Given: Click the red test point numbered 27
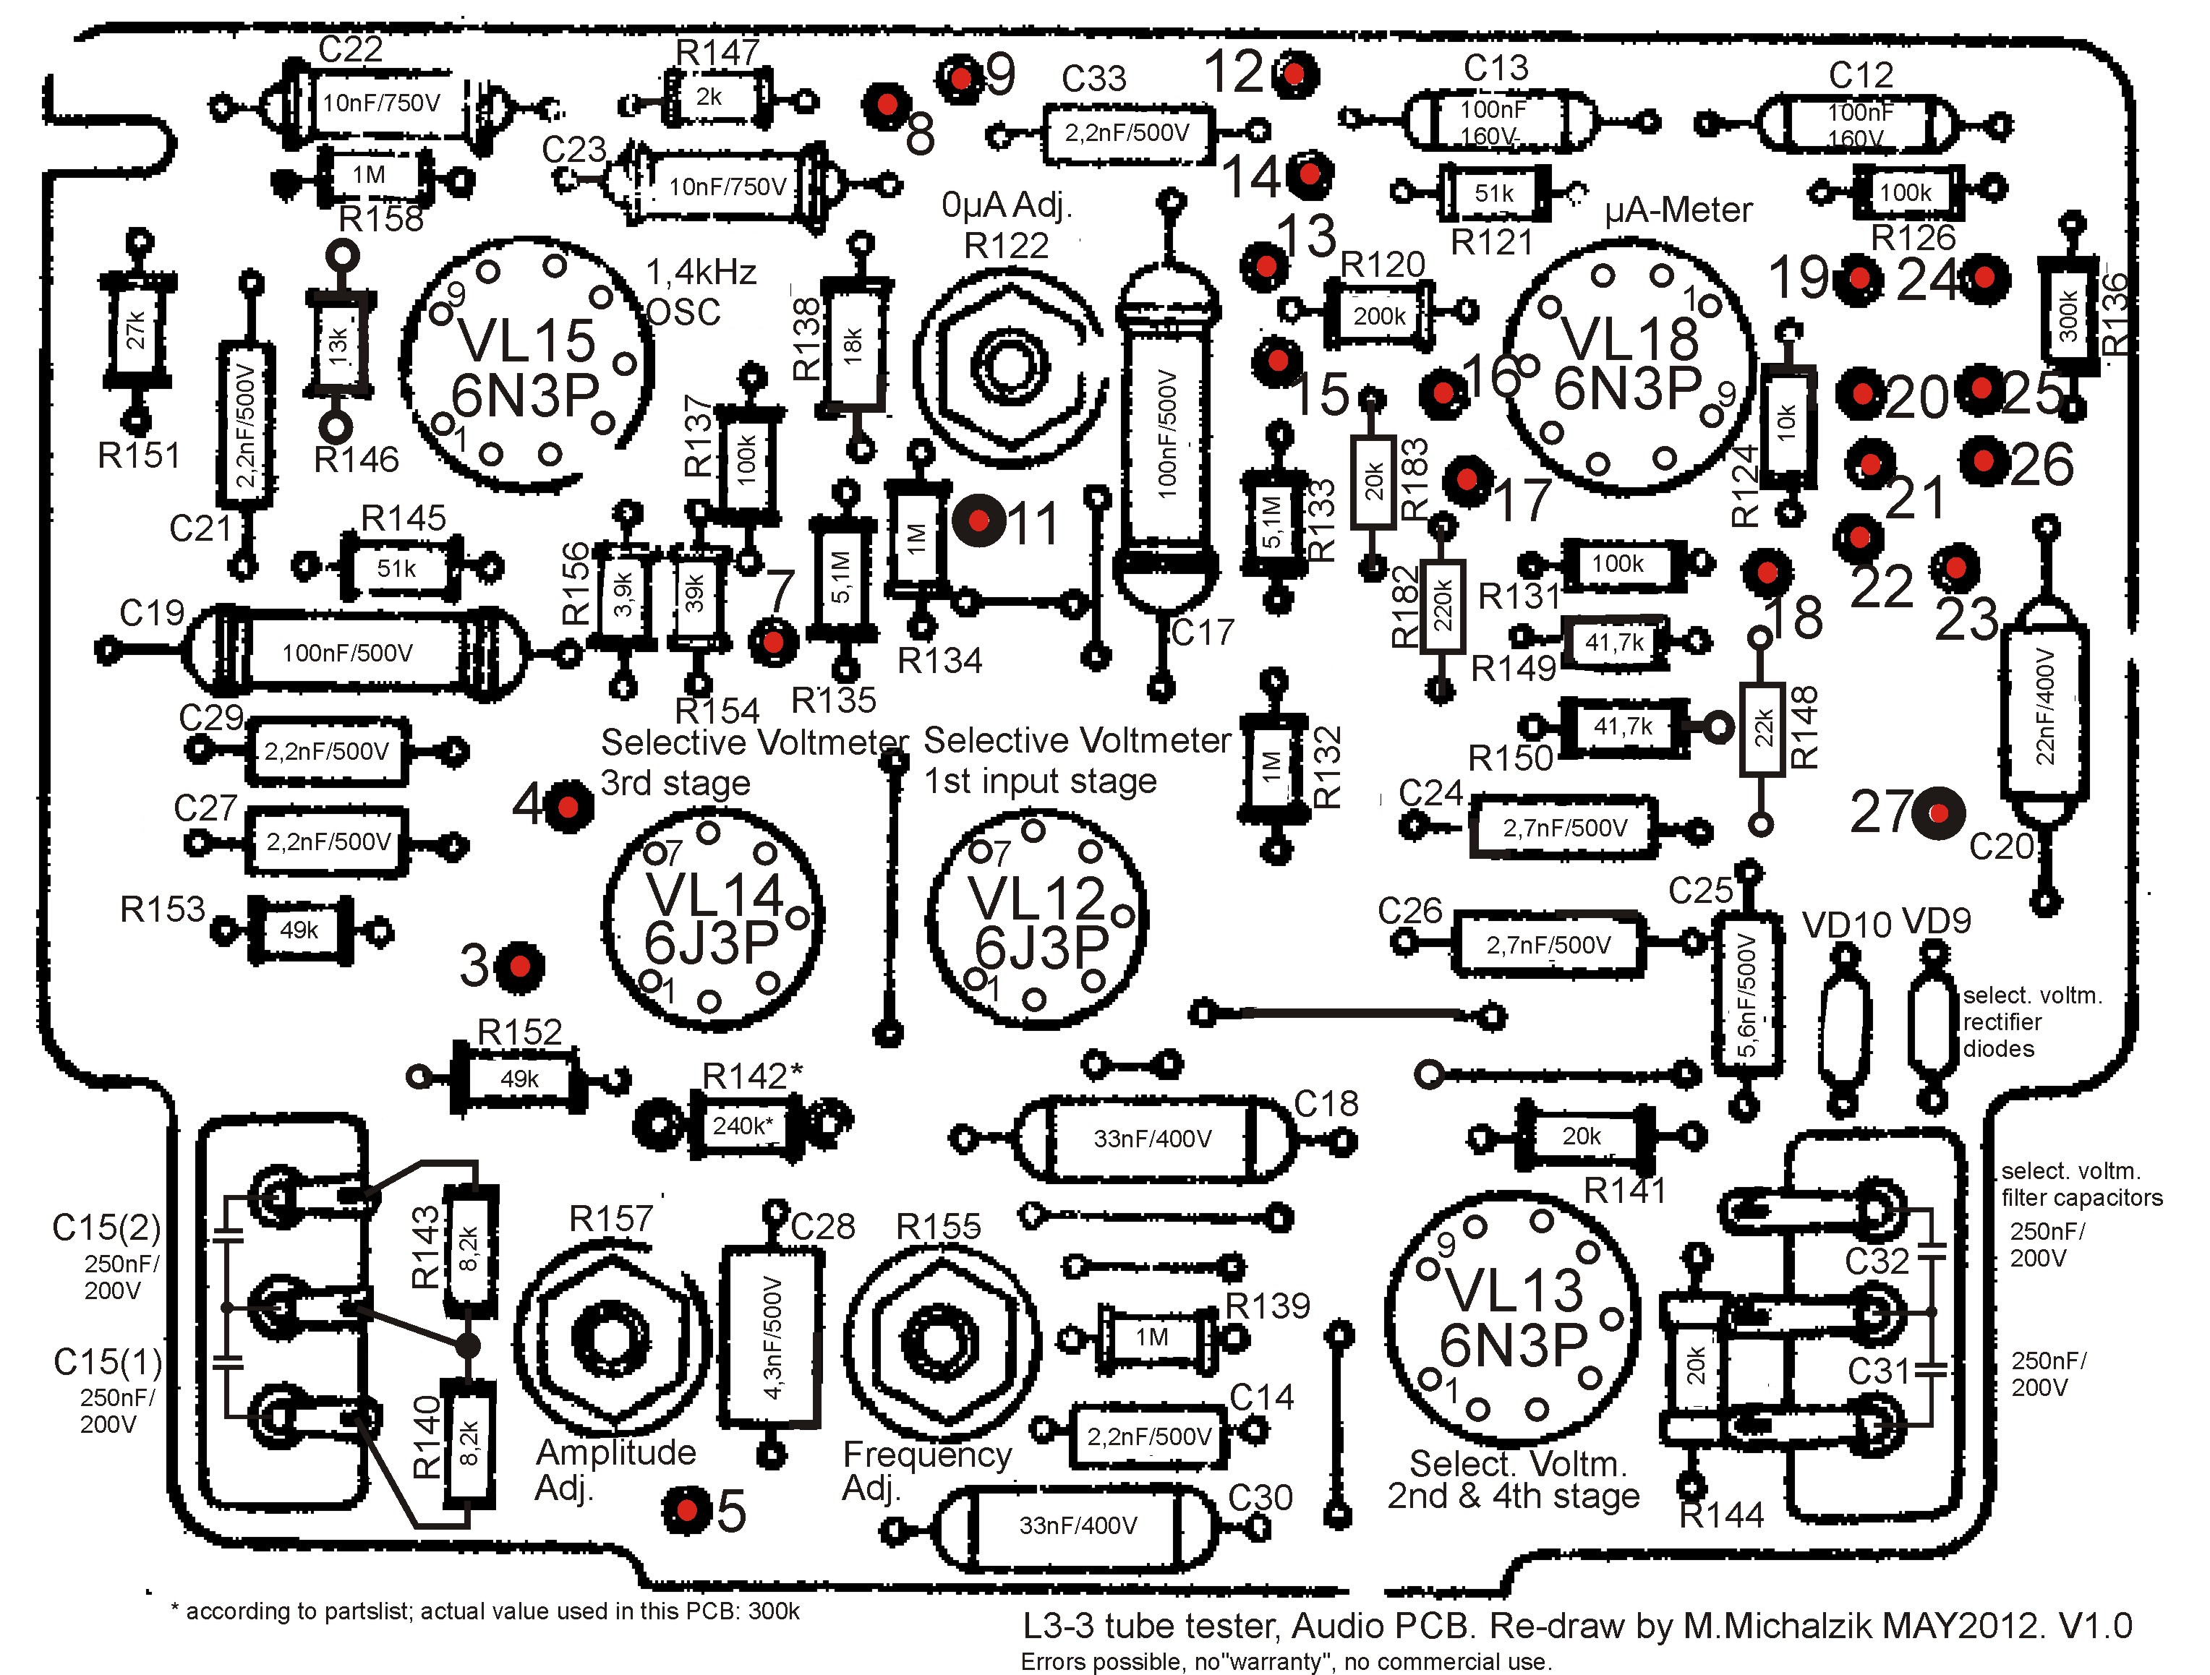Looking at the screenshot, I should pyautogui.click(x=1938, y=813).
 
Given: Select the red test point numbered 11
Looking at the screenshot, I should pyautogui.click(x=979, y=521).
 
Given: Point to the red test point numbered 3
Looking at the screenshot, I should pyautogui.click(x=519, y=966).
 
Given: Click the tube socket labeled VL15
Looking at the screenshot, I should pyautogui.click(x=526, y=364).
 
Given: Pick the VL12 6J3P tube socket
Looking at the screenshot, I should pyautogui.click(x=1037, y=921).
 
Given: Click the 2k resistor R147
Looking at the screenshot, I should pyautogui.click(x=709, y=99).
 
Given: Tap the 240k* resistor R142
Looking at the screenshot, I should pyautogui.click(x=742, y=1126).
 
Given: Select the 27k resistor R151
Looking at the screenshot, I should pyautogui.click(x=137, y=330).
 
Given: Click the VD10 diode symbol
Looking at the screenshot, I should pyautogui.click(x=1843, y=1029).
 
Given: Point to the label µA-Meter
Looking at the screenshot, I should pyautogui.click(x=1678, y=210).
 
